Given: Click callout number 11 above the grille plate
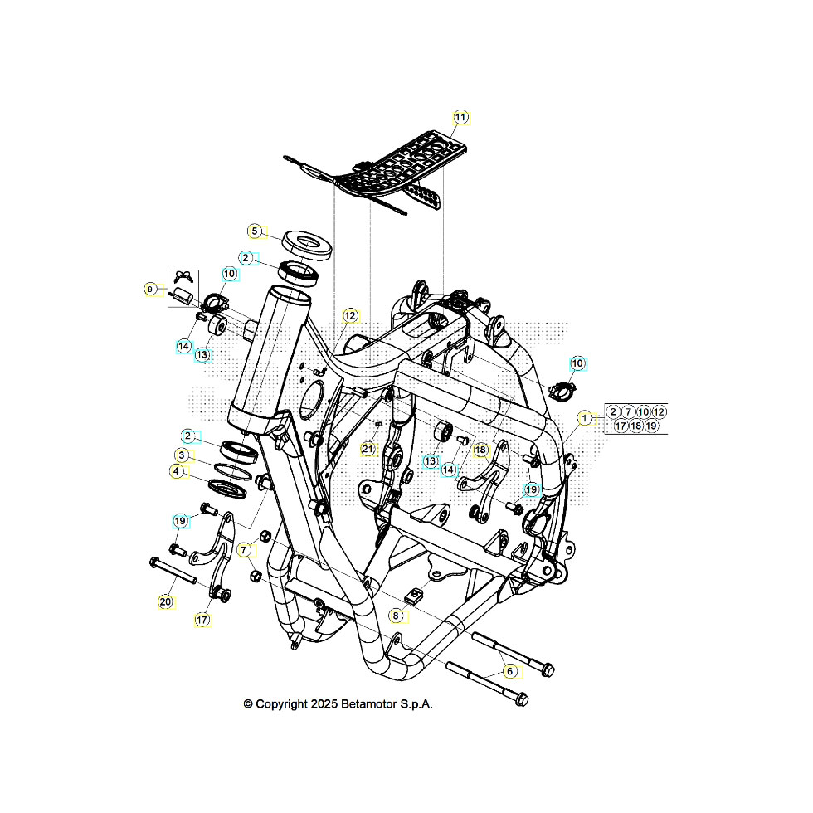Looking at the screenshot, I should coord(460,117).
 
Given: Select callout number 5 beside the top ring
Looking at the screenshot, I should coord(256,231).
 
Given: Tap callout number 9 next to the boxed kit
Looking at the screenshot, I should coord(150,289).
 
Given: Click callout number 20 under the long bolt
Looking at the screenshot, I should coord(165,601).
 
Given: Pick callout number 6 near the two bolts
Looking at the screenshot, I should coord(510,670).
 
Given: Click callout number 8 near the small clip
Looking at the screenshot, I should coord(397,616).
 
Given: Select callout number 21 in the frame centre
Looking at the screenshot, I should coord(368,449).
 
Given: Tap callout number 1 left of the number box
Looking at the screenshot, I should coord(586,418).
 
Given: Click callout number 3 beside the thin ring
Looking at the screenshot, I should coord(180,455).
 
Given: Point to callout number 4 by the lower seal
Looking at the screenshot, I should coord(176,470).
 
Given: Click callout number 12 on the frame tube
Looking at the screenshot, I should coord(350,315).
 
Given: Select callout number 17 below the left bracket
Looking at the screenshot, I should coord(202,619).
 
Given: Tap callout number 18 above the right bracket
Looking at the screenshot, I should coord(480,449).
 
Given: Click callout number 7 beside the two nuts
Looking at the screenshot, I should coord(244,550).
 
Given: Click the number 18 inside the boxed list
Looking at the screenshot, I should coord(635,426).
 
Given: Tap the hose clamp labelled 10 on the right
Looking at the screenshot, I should coord(563,388).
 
